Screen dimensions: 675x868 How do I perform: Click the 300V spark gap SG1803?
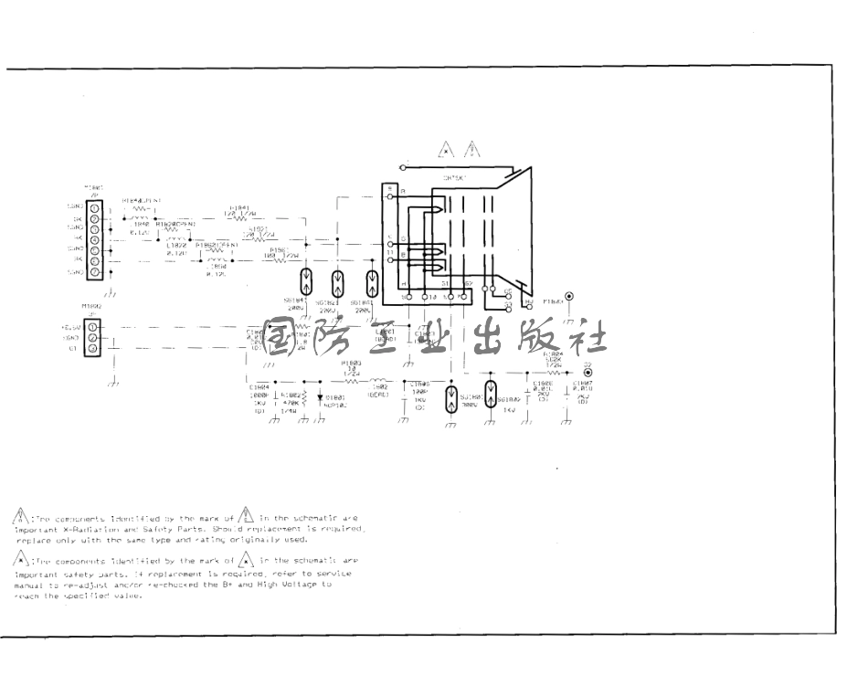[x=450, y=399]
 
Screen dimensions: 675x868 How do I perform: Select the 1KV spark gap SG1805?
[x=492, y=394]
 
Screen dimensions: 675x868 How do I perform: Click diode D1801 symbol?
[x=320, y=397]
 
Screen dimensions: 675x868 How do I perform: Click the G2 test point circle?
[x=587, y=374]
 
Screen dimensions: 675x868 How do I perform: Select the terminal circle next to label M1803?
[x=570, y=296]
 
